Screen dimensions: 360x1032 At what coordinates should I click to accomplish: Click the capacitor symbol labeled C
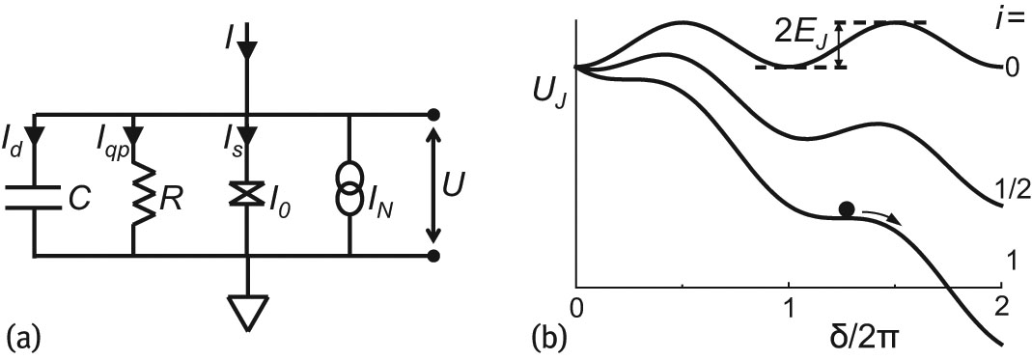pos(34,198)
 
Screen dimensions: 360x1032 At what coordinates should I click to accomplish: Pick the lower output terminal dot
pos(434,256)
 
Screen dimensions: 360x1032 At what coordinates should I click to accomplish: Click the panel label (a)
pos(22,338)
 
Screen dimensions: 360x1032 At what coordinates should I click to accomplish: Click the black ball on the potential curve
pos(847,208)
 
